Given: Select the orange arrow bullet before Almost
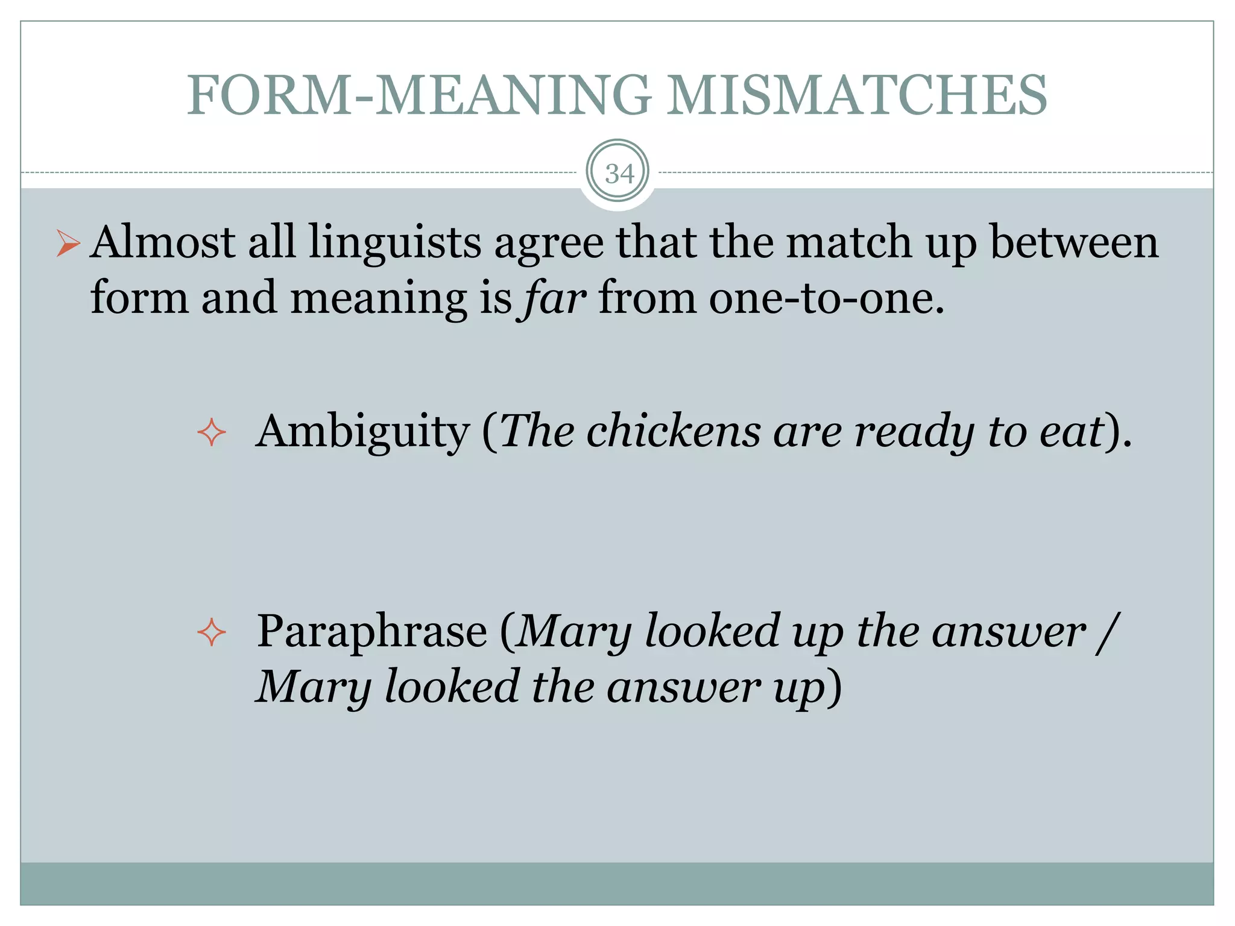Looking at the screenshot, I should (68, 244).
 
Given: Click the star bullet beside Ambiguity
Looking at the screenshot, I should (212, 433).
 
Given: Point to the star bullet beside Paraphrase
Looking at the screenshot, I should (212, 633).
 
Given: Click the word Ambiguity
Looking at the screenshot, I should (363, 432).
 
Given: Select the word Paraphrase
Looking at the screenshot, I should (372, 631).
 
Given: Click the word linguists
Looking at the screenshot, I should (395, 242).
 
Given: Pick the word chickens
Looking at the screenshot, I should (673, 432).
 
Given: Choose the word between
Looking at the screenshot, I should (1074, 242).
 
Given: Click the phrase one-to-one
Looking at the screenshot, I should (826, 298).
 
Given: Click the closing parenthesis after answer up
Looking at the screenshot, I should (835, 687).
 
